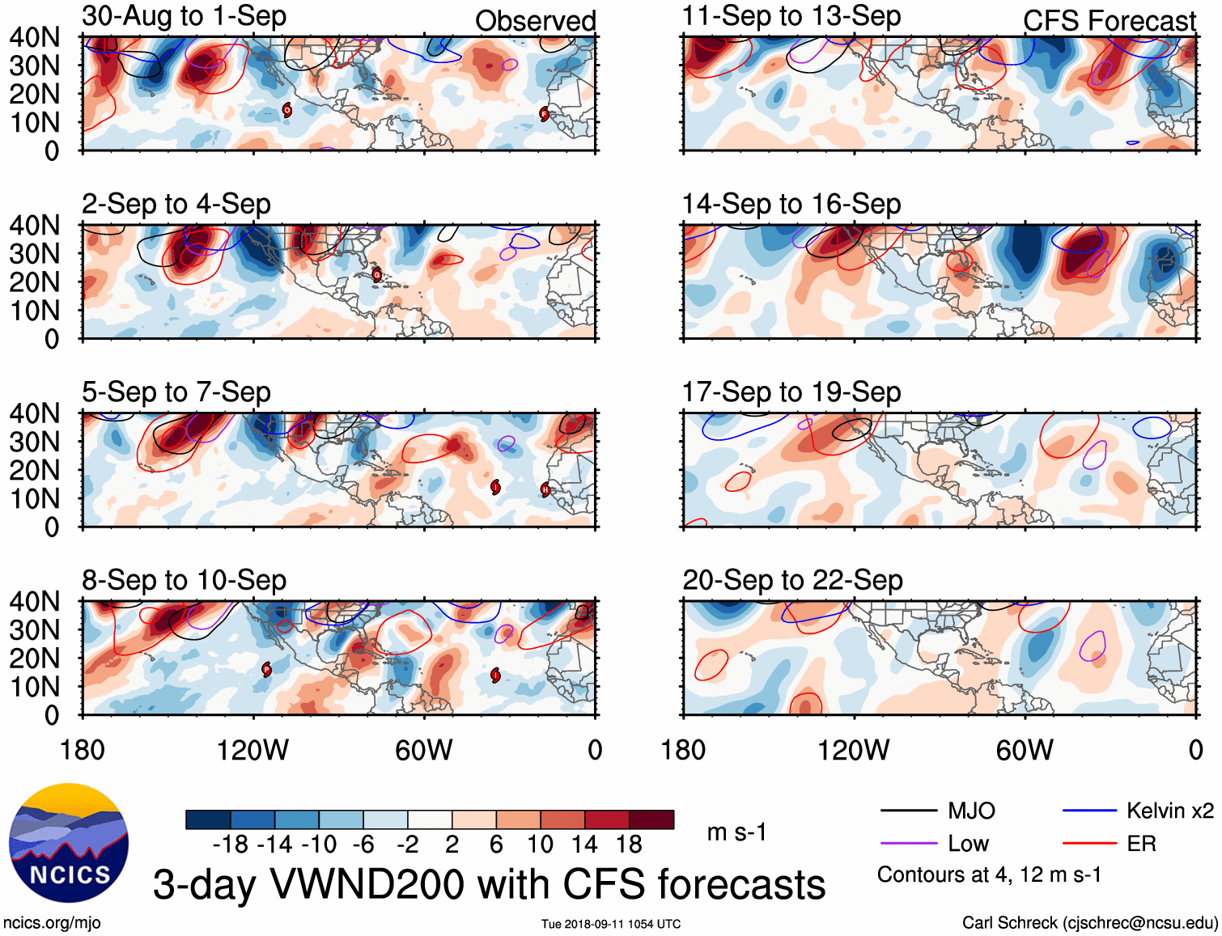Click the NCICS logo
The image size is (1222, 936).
(x=69, y=843)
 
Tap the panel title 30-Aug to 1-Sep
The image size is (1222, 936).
(x=184, y=16)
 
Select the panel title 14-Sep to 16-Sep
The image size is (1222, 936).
(x=791, y=204)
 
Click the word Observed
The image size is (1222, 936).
(x=535, y=21)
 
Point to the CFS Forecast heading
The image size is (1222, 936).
(x=1109, y=21)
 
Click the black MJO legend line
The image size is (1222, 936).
(x=908, y=811)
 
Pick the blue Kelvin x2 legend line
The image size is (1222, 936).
(x=1089, y=811)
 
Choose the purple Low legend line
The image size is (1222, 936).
(x=908, y=844)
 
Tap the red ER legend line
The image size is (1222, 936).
(x=1089, y=844)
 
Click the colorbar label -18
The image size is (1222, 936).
(x=231, y=845)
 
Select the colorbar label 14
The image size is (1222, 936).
(x=584, y=845)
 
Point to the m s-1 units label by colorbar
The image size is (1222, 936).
(x=736, y=832)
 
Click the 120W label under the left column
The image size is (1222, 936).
(x=252, y=750)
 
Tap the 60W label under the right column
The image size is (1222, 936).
(x=1025, y=750)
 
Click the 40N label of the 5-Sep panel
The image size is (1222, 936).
(x=35, y=413)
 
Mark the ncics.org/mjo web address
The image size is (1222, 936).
(x=52, y=922)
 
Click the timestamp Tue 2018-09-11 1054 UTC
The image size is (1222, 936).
(x=611, y=924)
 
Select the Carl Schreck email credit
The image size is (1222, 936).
(x=1089, y=922)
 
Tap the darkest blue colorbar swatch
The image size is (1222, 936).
(x=208, y=820)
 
